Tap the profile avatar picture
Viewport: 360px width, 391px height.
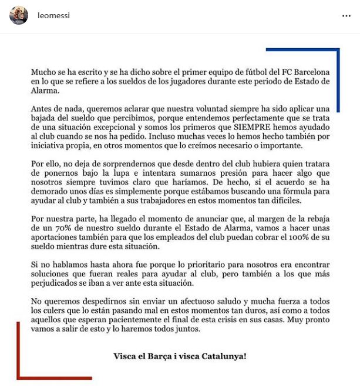19,16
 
